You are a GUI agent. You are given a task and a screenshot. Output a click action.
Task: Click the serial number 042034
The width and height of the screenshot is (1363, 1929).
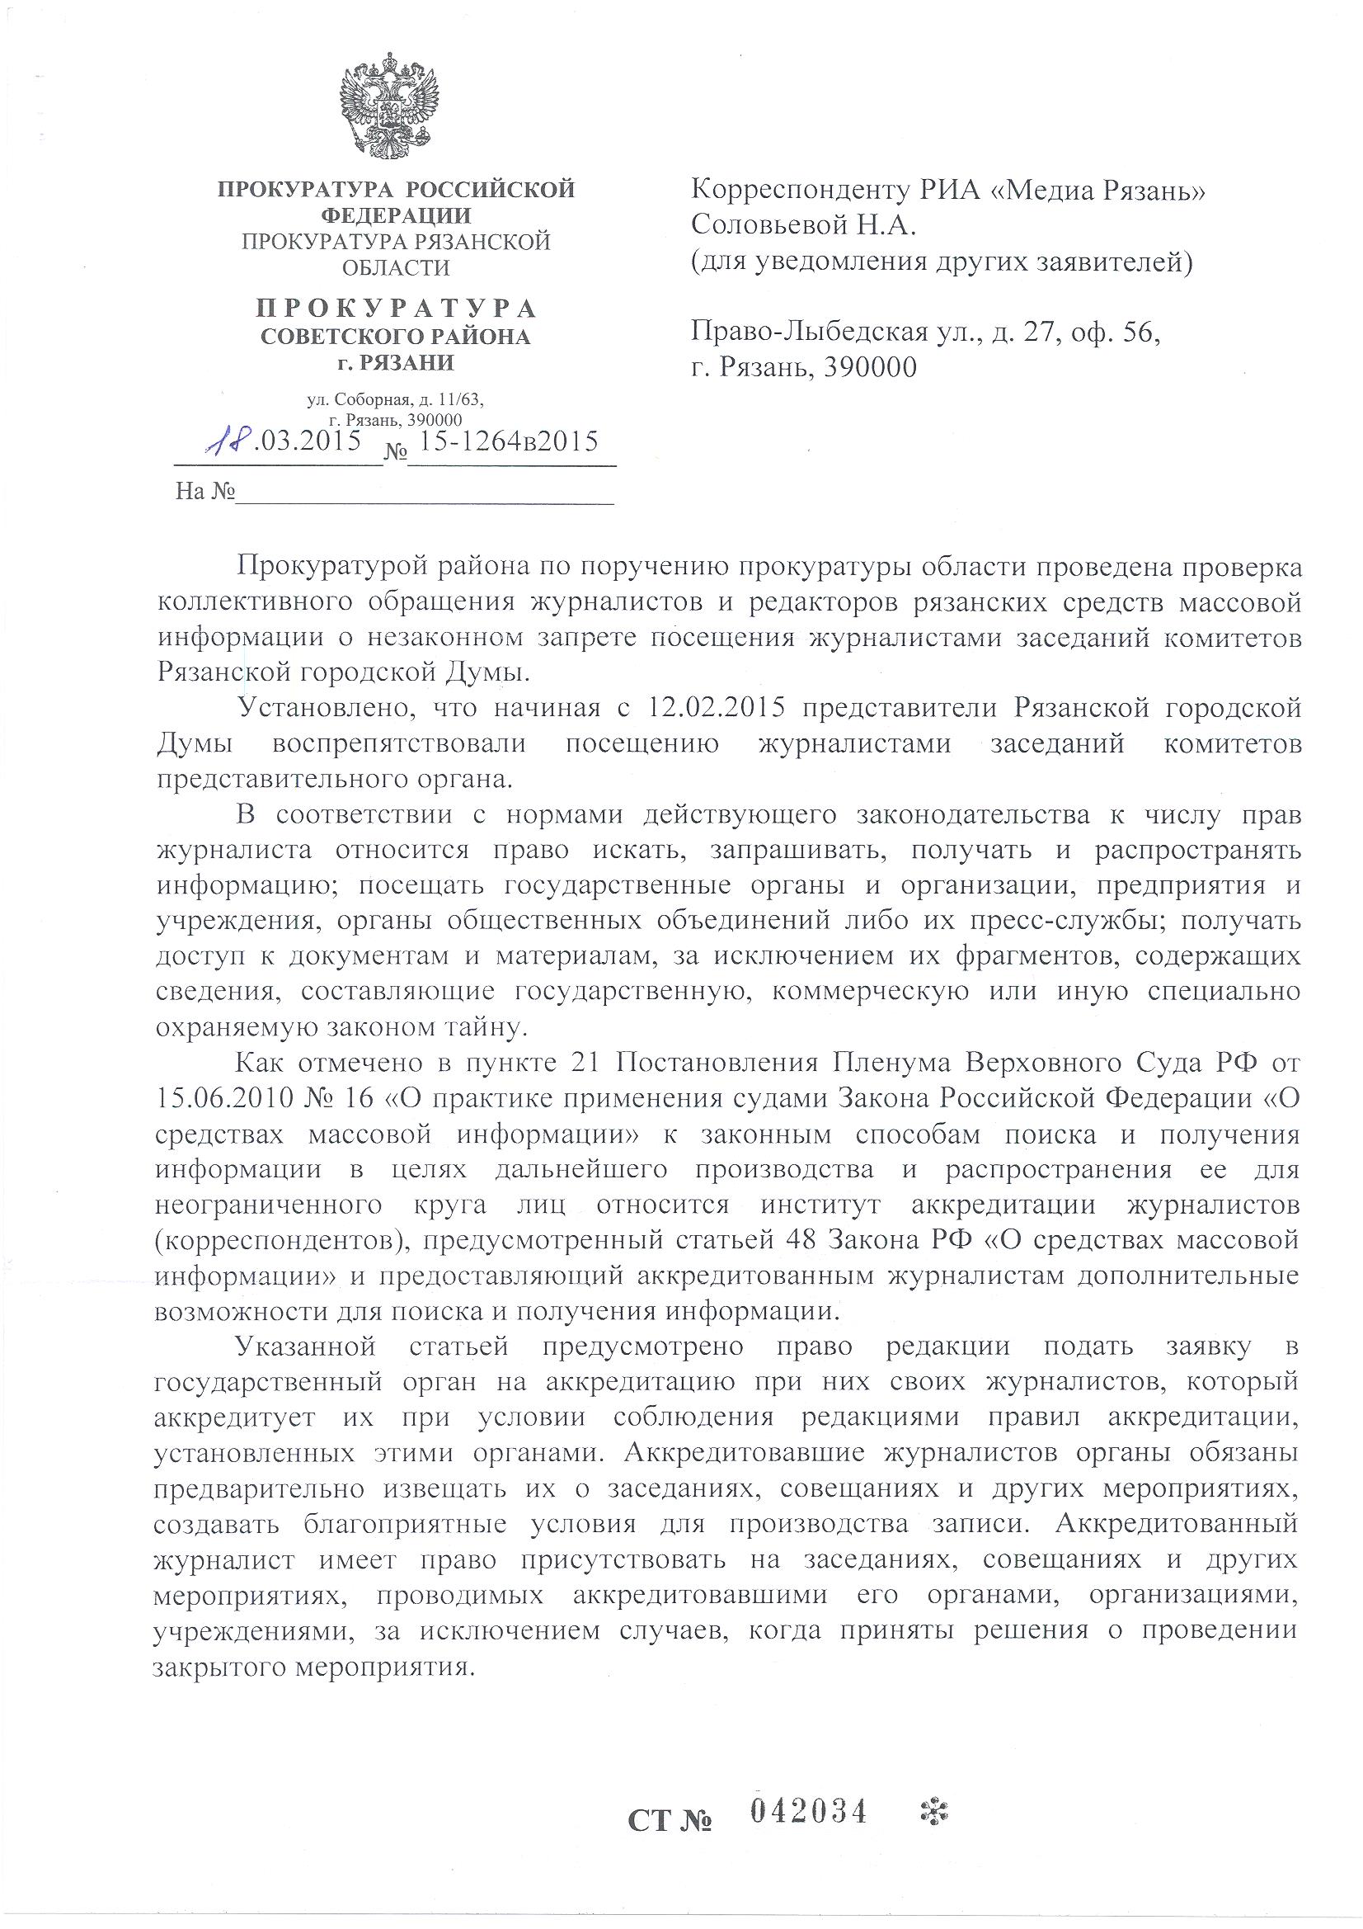(807, 1811)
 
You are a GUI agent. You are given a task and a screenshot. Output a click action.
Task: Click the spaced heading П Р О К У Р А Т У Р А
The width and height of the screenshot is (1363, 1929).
(396, 309)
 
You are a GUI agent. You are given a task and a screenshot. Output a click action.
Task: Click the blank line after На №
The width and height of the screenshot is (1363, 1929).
(424, 493)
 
